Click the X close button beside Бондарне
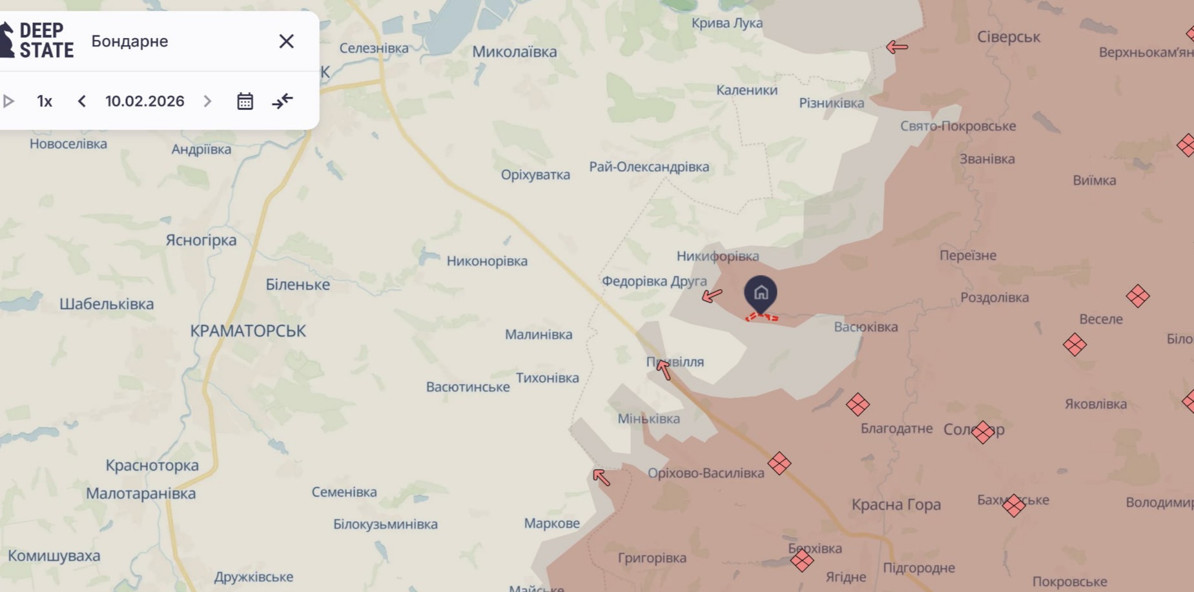click(286, 41)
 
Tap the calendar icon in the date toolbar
click(245, 101)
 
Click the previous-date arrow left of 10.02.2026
click(82, 101)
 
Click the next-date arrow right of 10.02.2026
click(207, 101)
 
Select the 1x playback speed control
click(45, 101)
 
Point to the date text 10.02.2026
click(145, 101)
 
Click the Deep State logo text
click(45, 40)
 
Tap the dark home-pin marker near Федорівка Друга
click(761, 294)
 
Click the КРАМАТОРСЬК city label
click(248, 331)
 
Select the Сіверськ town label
click(1008, 37)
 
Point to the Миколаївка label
click(514, 52)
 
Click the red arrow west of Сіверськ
click(897, 46)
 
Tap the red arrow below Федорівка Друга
click(712, 296)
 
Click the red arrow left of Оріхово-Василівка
click(601, 477)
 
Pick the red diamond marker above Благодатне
click(858, 405)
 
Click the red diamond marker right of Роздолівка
click(1137, 296)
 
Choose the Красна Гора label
click(896, 505)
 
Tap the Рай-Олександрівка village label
click(649, 167)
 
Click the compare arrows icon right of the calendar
click(282, 101)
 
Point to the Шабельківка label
click(107, 304)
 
